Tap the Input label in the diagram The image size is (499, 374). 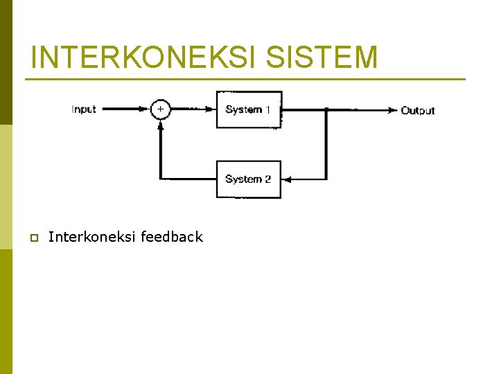click(84, 109)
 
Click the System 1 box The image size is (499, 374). click(249, 109)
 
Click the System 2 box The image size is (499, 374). click(248, 179)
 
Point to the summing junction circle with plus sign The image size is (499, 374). click(160, 109)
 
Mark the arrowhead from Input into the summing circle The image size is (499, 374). click(146, 109)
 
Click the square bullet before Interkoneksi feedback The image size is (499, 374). click(33, 238)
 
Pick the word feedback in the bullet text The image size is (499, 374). click(171, 237)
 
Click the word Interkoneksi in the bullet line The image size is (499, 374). click(92, 237)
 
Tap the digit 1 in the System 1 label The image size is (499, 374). click(268, 109)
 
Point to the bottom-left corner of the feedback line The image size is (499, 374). click(160, 179)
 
